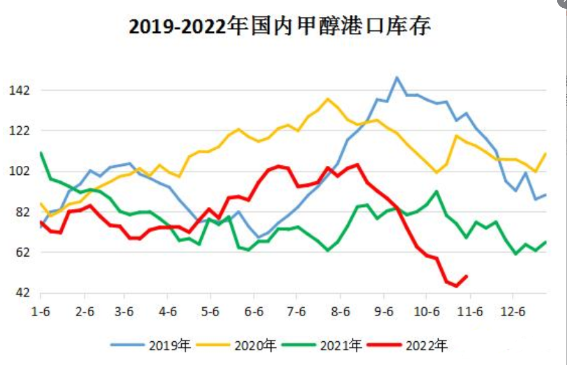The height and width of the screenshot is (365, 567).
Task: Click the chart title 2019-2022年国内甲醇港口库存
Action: (280, 27)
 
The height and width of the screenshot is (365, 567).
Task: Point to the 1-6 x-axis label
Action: (41, 312)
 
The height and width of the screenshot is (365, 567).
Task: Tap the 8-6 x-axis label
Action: (342, 312)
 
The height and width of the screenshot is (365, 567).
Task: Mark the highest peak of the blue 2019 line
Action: (397, 77)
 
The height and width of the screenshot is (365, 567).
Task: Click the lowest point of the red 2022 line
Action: (456, 286)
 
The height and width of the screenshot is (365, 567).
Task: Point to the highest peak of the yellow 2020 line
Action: (328, 99)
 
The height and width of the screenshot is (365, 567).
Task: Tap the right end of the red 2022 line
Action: (466, 276)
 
